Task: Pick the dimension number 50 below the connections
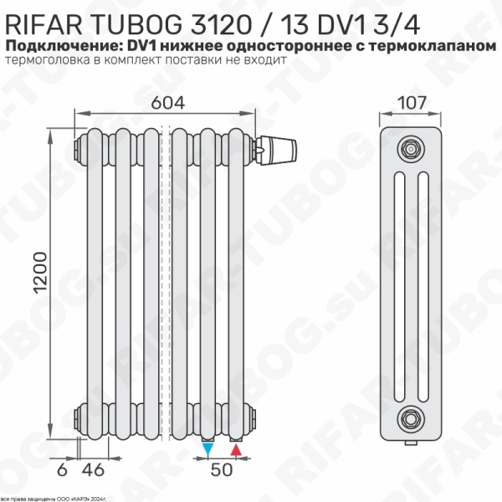click(221, 469)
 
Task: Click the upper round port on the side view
click(410, 146)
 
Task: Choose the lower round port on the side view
click(410, 415)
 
